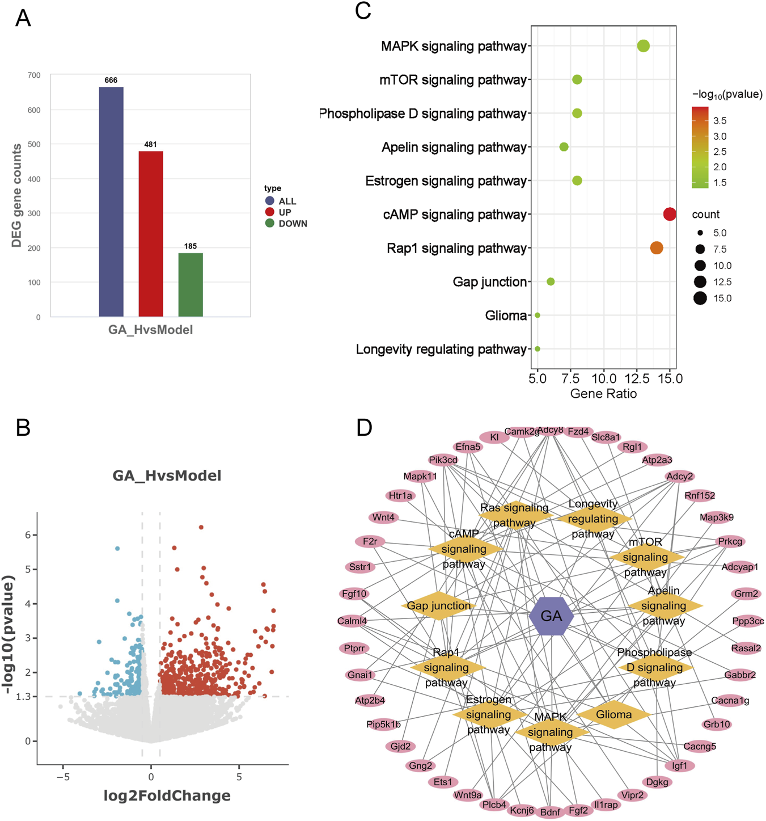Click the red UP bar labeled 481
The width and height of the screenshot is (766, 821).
[x=151, y=233]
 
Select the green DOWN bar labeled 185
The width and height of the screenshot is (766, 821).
[x=191, y=284]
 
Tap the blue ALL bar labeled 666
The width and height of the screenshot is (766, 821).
[x=111, y=201]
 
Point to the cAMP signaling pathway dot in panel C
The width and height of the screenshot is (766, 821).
[x=670, y=214]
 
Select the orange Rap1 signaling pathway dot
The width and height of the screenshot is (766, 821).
[x=657, y=248]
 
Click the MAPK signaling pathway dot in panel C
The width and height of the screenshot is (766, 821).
[x=643, y=46]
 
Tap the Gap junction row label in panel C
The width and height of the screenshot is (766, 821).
[x=490, y=282]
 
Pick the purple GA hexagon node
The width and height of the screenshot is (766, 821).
[x=551, y=616]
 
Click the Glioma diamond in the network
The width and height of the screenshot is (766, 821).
[x=614, y=714]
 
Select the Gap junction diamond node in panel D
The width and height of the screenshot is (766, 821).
[x=439, y=605]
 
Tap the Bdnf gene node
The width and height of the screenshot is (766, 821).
[x=550, y=812]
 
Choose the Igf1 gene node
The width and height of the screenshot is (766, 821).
[x=679, y=765]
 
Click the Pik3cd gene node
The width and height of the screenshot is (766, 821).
[x=443, y=460]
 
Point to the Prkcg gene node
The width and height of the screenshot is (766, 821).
[x=730, y=541]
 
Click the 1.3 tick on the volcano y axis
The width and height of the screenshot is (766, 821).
[x=23, y=697]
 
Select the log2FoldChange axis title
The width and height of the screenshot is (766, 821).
[x=167, y=795]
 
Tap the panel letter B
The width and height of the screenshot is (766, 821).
[x=23, y=428]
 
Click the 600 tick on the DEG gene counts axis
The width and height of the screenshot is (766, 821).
[x=34, y=110]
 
